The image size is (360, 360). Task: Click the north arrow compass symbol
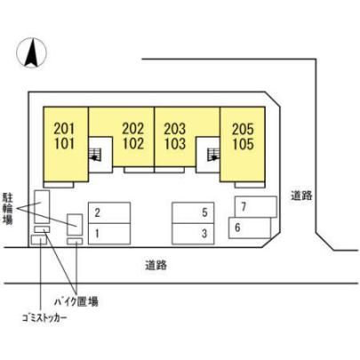click(x=31, y=52)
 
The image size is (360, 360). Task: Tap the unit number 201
click(x=64, y=129)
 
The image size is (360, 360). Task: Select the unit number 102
click(x=133, y=143)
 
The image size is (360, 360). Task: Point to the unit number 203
click(x=175, y=129)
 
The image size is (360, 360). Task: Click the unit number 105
click(x=243, y=144)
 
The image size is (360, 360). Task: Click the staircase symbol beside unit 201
click(x=95, y=155)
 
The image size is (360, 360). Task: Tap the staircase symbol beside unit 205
click(x=213, y=155)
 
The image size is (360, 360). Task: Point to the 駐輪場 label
click(x=8, y=209)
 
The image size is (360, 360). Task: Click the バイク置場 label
click(x=76, y=301)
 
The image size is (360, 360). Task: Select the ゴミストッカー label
click(x=44, y=318)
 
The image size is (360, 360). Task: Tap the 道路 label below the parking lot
click(x=156, y=265)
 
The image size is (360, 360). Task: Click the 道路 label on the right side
click(x=301, y=196)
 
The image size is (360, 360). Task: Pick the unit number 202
click(x=133, y=129)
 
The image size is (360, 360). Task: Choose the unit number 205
click(x=243, y=130)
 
